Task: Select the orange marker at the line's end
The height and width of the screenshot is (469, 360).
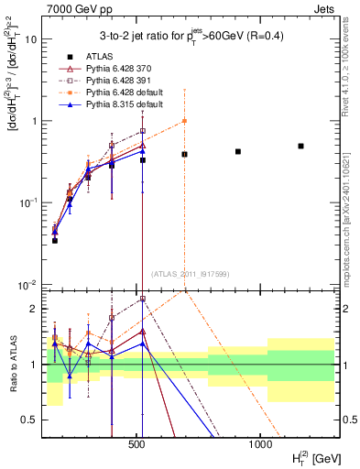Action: (184, 121)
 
